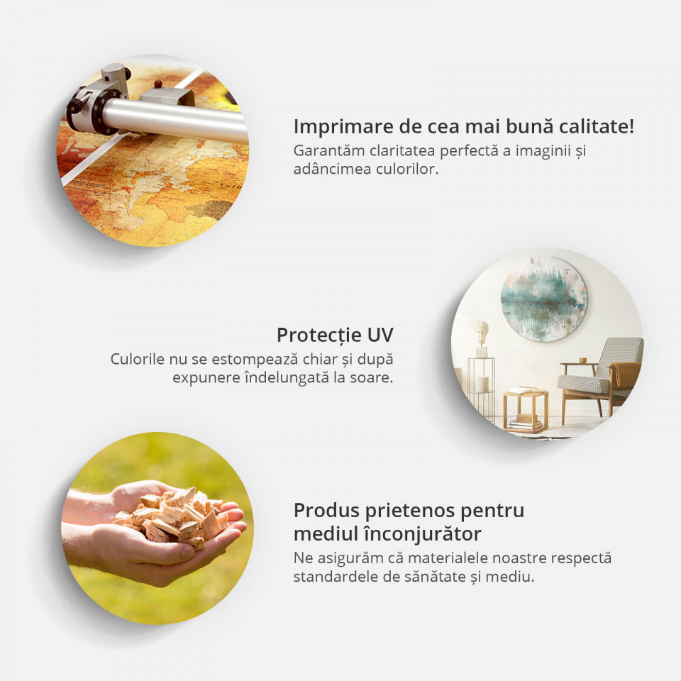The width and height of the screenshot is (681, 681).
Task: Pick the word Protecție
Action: pos(319,336)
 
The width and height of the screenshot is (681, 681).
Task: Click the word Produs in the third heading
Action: pos(326,510)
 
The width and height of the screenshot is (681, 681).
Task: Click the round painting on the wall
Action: pos(543,299)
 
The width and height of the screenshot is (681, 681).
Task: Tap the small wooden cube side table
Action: pos(526,410)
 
